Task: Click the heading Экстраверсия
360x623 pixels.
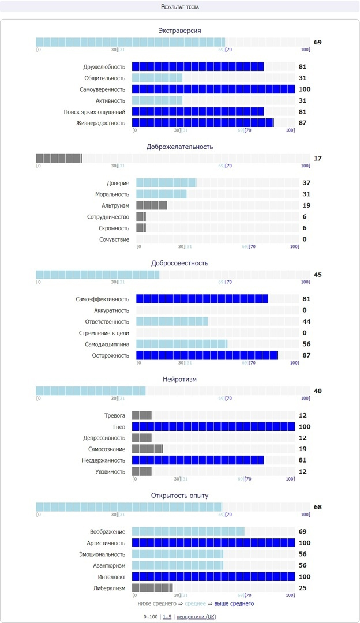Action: click(179, 30)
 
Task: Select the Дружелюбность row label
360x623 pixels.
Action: click(104, 67)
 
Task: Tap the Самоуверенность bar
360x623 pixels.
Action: click(213, 89)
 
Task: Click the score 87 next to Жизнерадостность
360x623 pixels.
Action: click(302, 123)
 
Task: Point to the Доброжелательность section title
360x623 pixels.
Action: click(179, 147)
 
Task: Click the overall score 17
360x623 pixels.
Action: click(318, 159)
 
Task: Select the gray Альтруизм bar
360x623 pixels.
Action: click(151, 205)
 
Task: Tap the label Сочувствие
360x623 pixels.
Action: click(114, 239)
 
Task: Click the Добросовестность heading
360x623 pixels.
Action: click(179, 263)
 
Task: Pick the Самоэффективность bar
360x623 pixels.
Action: click(202, 299)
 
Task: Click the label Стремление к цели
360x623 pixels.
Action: click(104, 333)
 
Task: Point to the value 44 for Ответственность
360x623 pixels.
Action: click(306, 321)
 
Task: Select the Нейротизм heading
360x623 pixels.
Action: click(179, 379)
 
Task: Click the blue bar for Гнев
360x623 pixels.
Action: click(213, 427)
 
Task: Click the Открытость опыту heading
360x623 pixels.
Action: click(179, 496)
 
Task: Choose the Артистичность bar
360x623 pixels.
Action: click(213, 543)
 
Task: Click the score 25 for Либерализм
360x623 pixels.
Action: click(302, 588)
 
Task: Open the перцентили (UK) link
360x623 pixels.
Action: click(196, 617)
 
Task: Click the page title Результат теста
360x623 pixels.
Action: click(179, 6)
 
